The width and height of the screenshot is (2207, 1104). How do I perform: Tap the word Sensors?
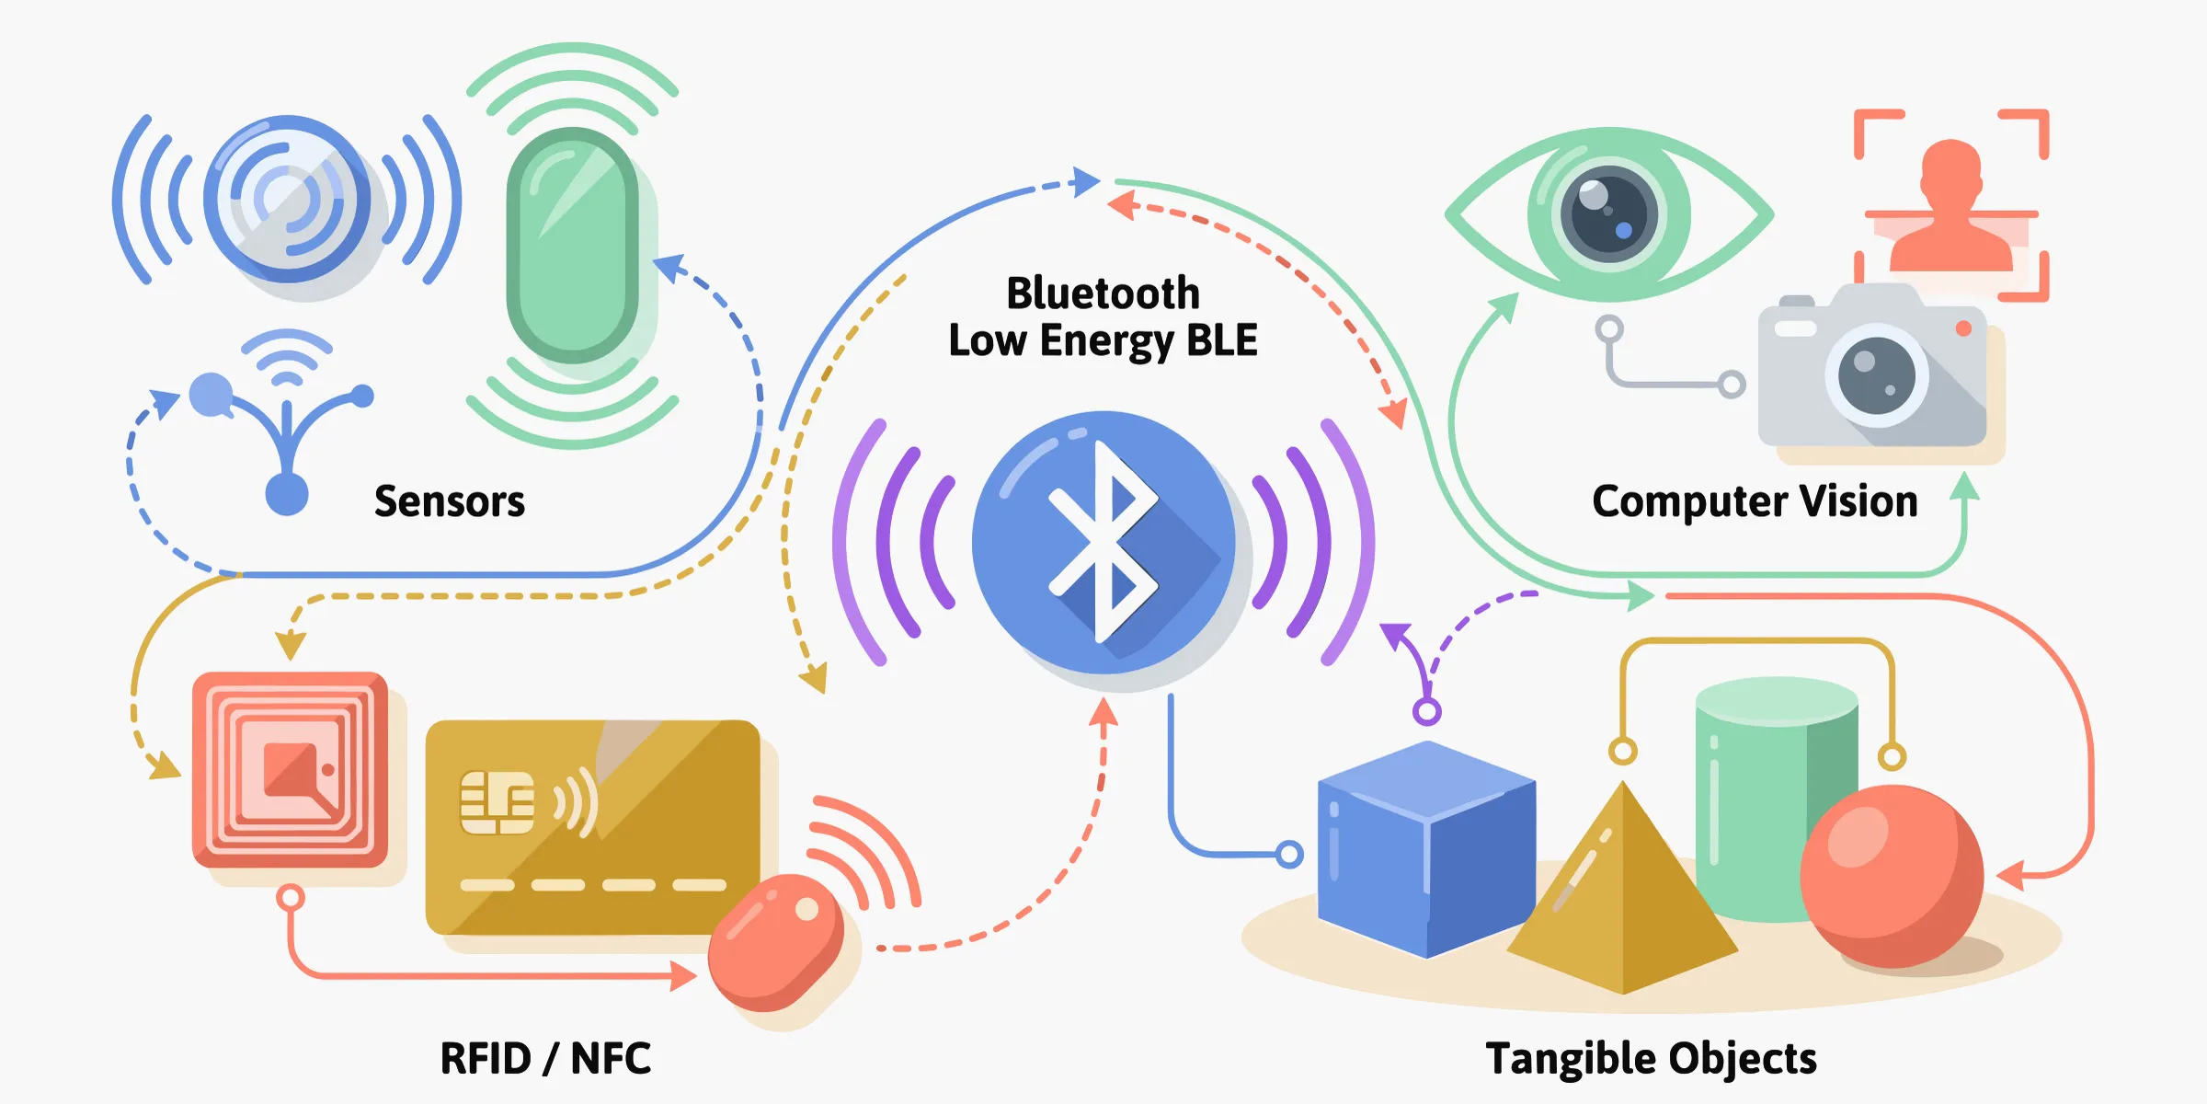[x=449, y=501]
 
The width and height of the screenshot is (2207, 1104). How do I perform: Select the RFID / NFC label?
[x=545, y=1058]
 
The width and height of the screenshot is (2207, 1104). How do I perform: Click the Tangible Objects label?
[x=1651, y=1058]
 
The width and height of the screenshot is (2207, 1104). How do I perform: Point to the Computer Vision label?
[x=1755, y=501]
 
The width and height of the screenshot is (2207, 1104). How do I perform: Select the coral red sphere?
[x=1890, y=874]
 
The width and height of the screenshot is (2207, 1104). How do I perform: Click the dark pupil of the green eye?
[x=1609, y=214]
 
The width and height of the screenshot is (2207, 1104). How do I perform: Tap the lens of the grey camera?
[x=1876, y=375]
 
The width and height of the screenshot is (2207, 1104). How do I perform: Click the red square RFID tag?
[x=290, y=769]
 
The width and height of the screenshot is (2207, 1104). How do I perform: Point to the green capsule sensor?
[x=572, y=245]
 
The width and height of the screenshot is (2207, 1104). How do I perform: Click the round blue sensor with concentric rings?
[x=287, y=198]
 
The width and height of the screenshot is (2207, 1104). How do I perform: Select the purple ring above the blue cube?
[x=1426, y=711]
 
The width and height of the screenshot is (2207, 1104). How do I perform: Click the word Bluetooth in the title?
[x=1103, y=293]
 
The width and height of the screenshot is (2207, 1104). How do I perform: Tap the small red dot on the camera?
[x=1963, y=328]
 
